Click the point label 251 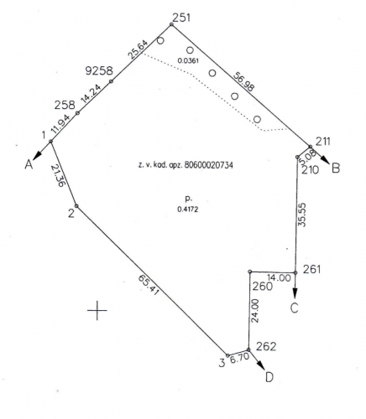click(x=181, y=18)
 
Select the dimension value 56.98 click(x=243, y=81)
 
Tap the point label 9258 click(x=99, y=71)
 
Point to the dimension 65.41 click(x=149, y=286)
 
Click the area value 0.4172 click(x=188, y=209)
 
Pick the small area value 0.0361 click(x=188, y=60)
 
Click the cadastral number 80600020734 click(x=208, y=165)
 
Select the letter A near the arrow click(x=29, y=164)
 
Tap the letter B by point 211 click(x=336, y=168)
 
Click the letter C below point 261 click(x=294, y=308)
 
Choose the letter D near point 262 click(x=269, y=378)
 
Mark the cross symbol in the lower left click(x=97, y=310)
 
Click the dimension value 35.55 click(x=302, y=215)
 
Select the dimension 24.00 click(x=254, y=311)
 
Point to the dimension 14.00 click(x=279, y=278)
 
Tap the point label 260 click(x=262, y=287)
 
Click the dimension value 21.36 click(x=59, y=175)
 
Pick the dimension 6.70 click(x=239, y=359)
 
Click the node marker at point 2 click(x=76, y=206)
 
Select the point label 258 click(x=65, y=106)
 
